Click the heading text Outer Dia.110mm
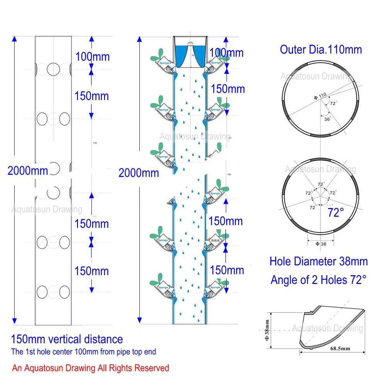[x=321, y=49]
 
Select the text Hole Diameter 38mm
[x=318, y=261]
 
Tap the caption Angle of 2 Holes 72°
[x=318, y=280]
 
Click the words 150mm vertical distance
[x=67, y=339]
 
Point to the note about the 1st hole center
[x=83, y=352]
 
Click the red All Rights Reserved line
[x=90, y=368]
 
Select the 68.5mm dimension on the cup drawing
[x=340, y=348]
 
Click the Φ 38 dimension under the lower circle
[x=320, y=244]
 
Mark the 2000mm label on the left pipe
[x=28, y=170]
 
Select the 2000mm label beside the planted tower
[x=139, y=173]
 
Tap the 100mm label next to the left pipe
[x=92, y=57]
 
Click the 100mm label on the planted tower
[x=227, y=52]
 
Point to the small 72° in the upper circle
[x=333, y=103]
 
